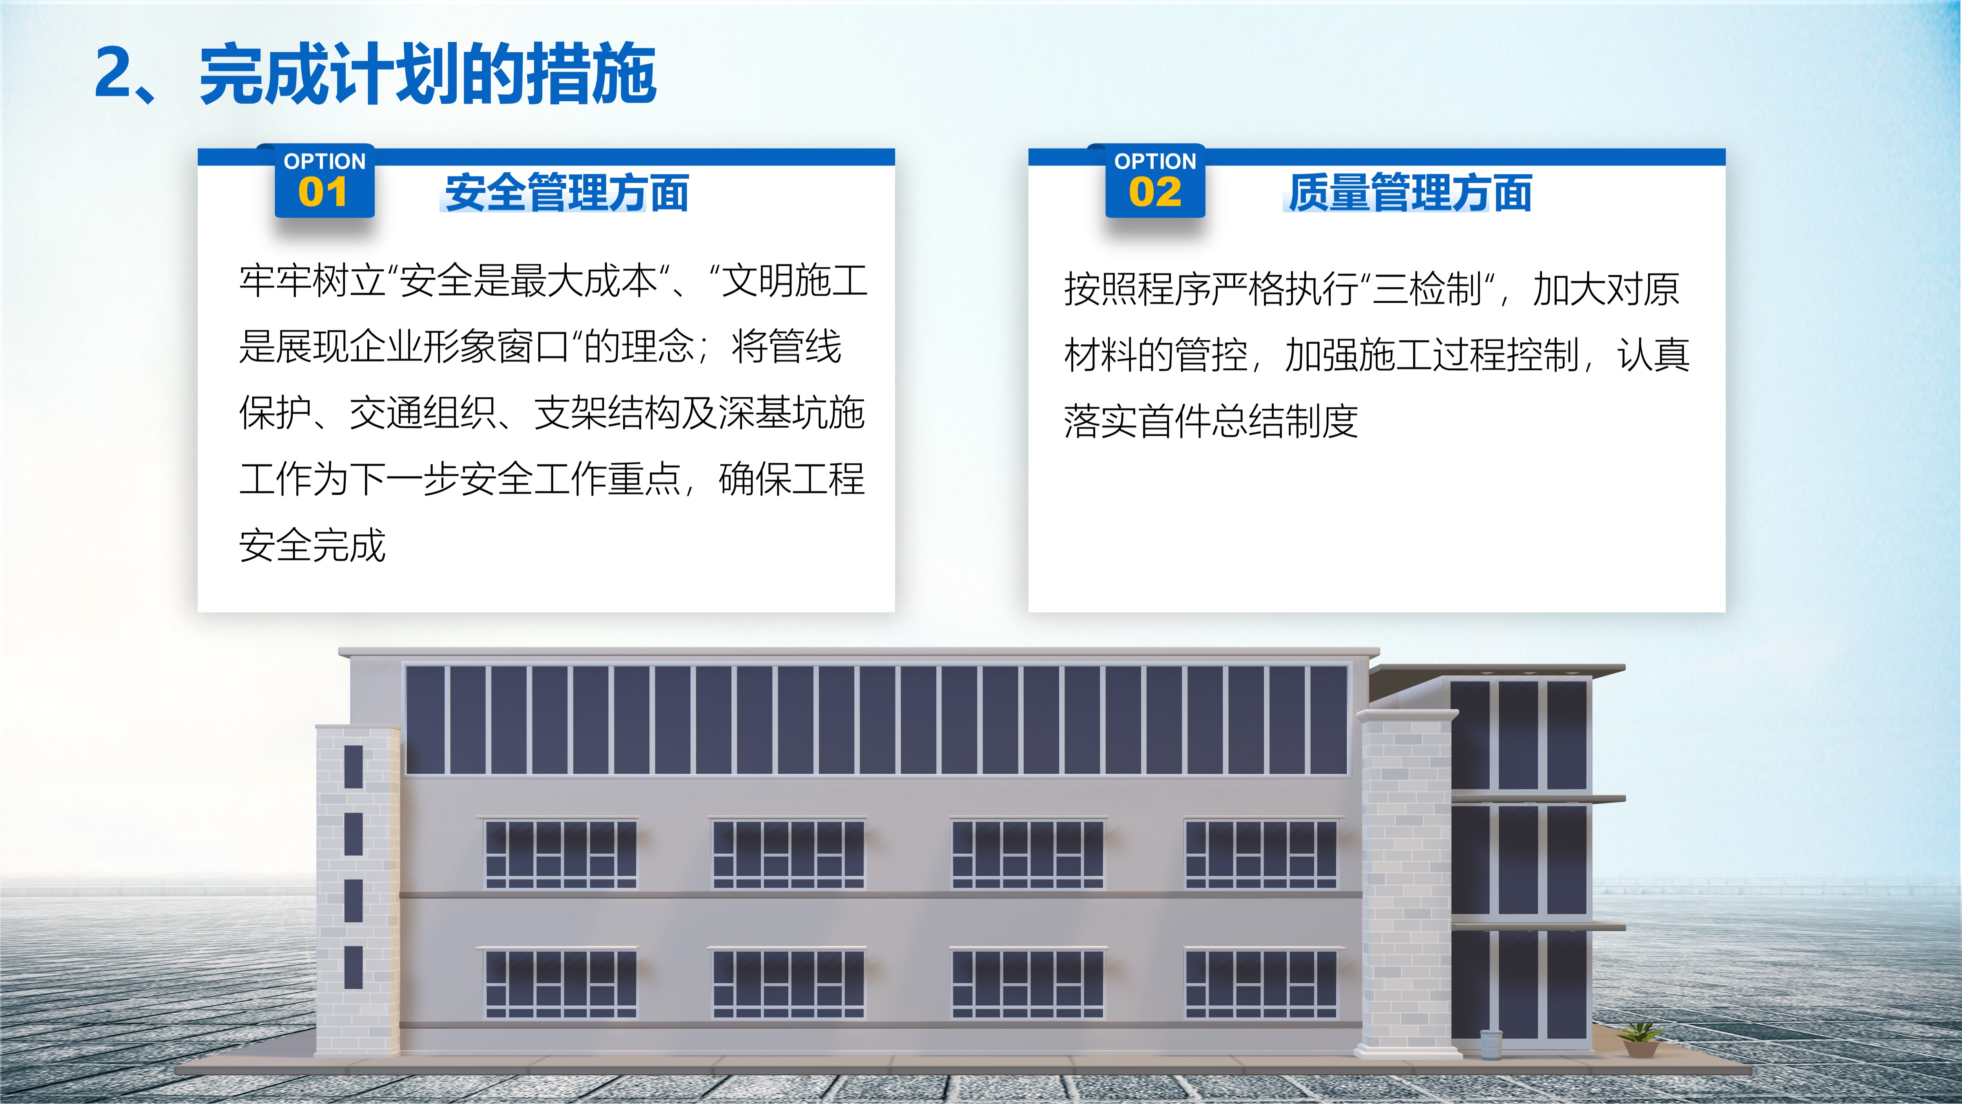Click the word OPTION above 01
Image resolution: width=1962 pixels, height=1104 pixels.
(325, 161)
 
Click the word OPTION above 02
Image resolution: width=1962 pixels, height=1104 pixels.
(1155, 161)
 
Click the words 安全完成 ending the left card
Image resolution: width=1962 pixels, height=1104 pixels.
(312, 546)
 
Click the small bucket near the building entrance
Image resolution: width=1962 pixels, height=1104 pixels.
(1491, 1043)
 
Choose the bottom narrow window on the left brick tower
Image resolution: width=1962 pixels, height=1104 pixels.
(354, 968)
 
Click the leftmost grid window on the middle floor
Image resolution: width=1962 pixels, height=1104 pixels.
(561, 854)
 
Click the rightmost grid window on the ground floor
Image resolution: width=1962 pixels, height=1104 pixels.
(1261, 983)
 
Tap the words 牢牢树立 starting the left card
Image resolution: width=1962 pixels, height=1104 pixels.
(312, 281)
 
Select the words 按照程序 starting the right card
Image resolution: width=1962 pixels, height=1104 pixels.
(1137, 289)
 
